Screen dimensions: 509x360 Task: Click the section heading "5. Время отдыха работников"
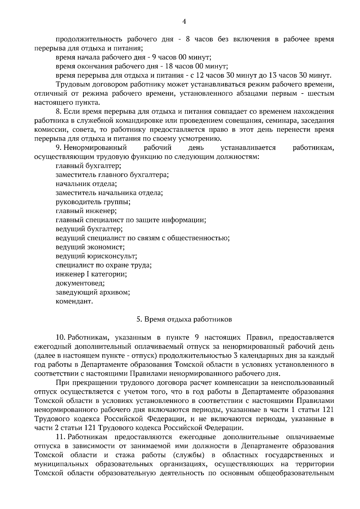click(x=184, y=319)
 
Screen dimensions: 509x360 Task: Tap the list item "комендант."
click(x=74, y=301)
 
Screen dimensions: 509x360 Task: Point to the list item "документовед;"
click(x=80, y=283)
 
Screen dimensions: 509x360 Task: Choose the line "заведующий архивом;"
click(x=93, y=292)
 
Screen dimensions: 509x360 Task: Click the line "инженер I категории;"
click(x=91, y=274)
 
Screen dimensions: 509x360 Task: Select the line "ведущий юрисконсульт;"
click(x=96, y=256)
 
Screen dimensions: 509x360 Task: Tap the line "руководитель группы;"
click(x=93, y=202)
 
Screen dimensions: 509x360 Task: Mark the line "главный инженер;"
click(x=86, y=211)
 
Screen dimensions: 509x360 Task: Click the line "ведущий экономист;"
click(x=90, y=247)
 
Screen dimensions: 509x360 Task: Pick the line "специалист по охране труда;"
click(x=103, y=265)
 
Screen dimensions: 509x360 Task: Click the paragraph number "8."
click(x=58, y=112)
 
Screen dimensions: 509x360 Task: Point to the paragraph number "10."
click(x=60, y=338)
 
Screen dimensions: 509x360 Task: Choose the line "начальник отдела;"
click(x=86, y=183)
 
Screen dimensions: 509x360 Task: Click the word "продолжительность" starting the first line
click(x=89, y=39)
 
